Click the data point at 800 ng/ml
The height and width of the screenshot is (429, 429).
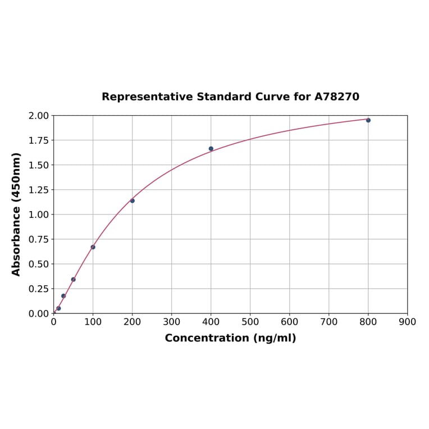368,120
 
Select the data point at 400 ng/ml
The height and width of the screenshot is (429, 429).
211,149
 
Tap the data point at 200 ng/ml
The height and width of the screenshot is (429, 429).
133,200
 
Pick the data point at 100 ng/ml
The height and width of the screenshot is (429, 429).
93,247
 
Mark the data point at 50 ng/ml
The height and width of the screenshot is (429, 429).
74,279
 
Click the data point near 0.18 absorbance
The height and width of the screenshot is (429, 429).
63,296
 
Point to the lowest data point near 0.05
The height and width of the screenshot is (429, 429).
58,308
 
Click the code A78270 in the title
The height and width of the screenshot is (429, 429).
336,97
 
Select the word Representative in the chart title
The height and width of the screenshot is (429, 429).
147,97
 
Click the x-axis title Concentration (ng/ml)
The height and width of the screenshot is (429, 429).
230,338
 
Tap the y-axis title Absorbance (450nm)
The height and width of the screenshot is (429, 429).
16,214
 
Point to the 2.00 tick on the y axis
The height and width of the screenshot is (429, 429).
39,116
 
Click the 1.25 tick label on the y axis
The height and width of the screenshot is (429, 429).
39,190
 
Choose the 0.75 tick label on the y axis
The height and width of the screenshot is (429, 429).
39,239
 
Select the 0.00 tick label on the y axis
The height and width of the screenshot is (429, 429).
39,313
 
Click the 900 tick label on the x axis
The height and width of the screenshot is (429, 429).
407,322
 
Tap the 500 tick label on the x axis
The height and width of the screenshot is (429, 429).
250,322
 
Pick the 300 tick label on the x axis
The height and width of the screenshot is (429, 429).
172,322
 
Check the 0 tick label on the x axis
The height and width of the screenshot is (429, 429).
54,322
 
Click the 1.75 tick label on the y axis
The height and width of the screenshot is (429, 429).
39,140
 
